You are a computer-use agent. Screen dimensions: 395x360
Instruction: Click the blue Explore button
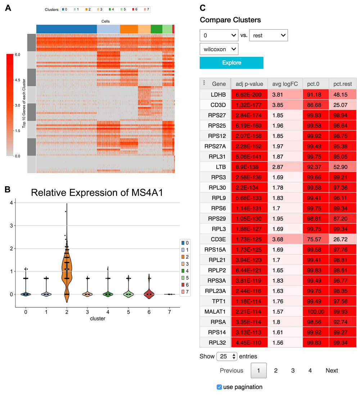[231, 63]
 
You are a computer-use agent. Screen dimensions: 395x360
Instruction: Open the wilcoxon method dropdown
[219, 49]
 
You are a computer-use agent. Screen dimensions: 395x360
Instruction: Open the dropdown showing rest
[268, 35]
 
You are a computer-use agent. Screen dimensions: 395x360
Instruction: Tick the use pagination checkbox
[219, 387]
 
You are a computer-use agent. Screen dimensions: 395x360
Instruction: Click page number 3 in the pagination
[293, 371]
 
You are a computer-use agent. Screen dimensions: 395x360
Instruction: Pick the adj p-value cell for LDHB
[249, 95]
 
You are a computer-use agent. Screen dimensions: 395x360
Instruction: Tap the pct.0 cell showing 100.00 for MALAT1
[315, 306]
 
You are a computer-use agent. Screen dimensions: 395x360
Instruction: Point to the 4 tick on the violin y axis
[12, 203]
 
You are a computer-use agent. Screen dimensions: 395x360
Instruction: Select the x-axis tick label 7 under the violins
[170, 312]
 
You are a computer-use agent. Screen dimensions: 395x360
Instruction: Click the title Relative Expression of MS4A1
[97, 192]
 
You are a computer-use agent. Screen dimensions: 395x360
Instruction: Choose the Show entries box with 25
[227, 357]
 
